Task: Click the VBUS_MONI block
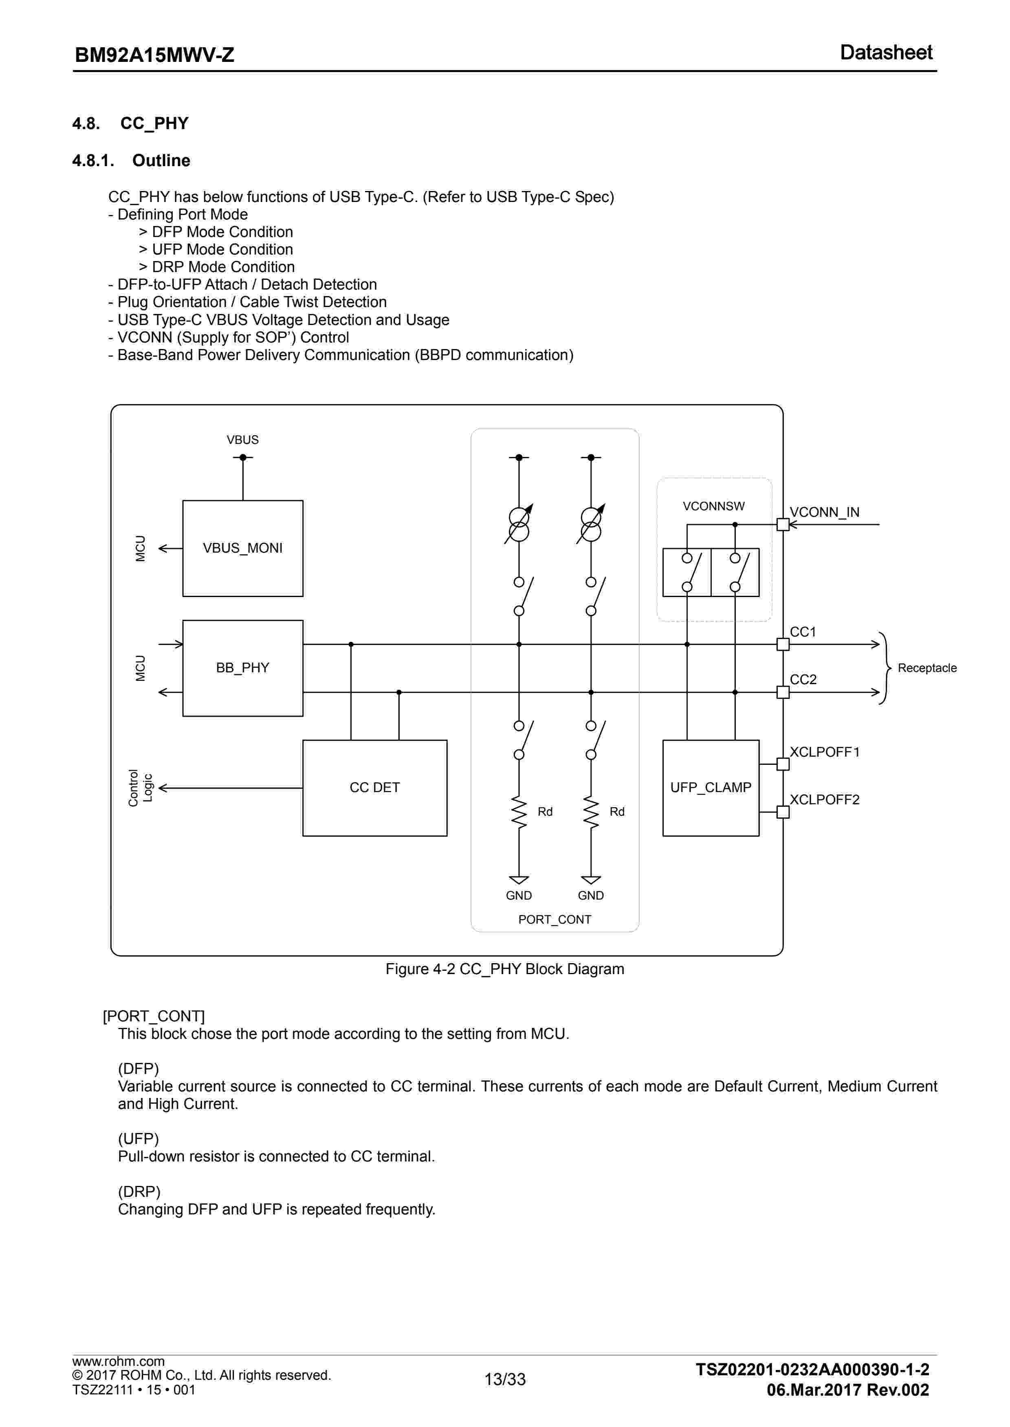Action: click(x=242, y=548)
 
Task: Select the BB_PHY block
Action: click(x=242, y=668)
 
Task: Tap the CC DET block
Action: click(x=374, y=788)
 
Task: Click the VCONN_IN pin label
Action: click(x=824, y=512)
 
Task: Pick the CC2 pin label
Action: click(x=803, y=679)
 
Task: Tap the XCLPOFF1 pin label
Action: click(x=824, y=752)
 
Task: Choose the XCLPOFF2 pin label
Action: click(x=824, y=800)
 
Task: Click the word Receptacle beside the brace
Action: click(x=926, y=668)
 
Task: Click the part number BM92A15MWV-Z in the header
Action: click(x=154, y=55)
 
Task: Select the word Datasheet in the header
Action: click(x=886, y=52)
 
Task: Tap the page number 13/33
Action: click(x=505, y=1379)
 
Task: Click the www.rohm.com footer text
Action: click(x=118, y=1361)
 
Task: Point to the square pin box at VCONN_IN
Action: click(x=783, y=525)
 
